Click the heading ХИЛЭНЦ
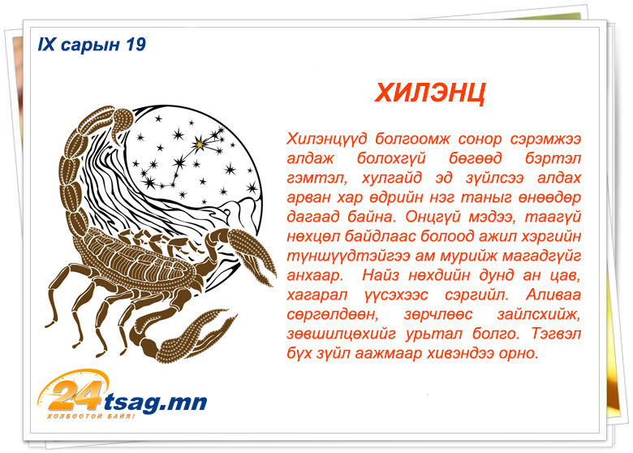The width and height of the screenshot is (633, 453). (430, 93)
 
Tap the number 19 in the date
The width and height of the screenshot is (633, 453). (136, 45)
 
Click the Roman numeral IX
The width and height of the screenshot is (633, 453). (46, 45)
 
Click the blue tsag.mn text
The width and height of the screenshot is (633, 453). (156, 403)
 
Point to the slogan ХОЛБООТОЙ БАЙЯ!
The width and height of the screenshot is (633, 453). (91, 416)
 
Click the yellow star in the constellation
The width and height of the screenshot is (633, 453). (199, 145)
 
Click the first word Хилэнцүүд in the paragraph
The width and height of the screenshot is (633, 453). (327, 140)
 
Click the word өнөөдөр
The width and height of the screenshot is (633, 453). (550, 197)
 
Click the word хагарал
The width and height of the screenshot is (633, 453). (316, 296)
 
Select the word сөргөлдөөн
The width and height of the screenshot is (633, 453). (333, 314)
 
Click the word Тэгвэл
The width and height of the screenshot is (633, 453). (556, 334)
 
